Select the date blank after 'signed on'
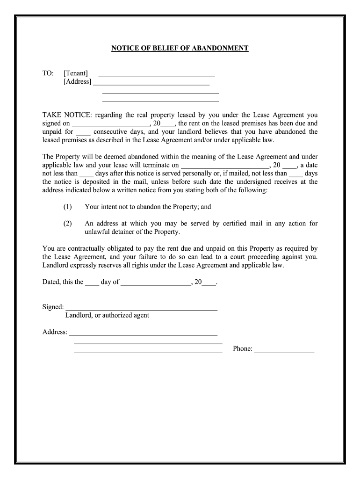point(110,124)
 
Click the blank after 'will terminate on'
point(224,166)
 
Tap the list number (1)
point(68,207)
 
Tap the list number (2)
point(68,224)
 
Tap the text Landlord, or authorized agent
point(107,315)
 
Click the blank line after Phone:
point(284,349)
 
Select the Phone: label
point(243,348)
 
